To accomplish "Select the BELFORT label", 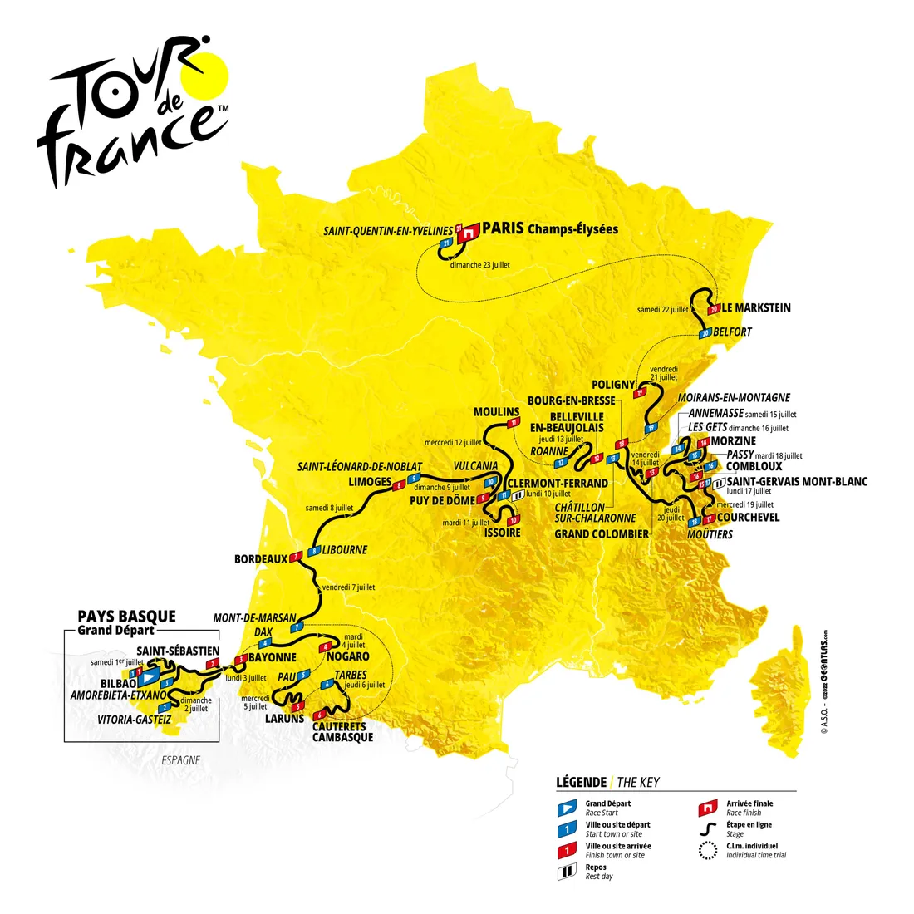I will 732,332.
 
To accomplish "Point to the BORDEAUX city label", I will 260,559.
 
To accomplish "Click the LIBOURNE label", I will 344,550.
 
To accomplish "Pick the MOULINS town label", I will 496,412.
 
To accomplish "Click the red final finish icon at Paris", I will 470,233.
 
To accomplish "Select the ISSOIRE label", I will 503,533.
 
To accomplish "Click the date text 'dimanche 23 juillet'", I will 480,264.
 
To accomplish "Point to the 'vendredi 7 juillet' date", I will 348,587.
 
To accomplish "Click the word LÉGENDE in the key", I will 581,782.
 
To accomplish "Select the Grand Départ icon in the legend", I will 567,807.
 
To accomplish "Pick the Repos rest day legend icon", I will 567,872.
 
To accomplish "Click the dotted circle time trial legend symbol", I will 707,850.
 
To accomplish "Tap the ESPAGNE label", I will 180,760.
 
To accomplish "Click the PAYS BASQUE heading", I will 126,616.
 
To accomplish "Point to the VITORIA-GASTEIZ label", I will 134,720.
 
